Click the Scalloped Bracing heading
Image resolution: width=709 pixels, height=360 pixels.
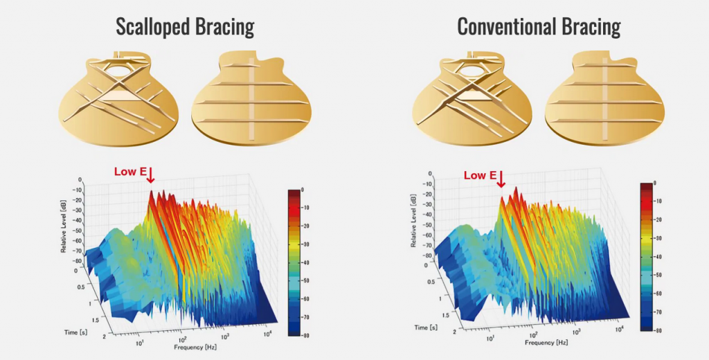click(x=185, y=27)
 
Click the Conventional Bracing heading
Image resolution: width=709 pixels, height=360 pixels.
click(x=539, y=27)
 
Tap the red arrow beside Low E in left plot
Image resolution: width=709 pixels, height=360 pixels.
click(x=150, y=176)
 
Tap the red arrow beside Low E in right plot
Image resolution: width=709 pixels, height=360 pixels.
click(x=502, y=179)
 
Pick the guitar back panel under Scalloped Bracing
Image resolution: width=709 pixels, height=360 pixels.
click(x=251, y=97)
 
